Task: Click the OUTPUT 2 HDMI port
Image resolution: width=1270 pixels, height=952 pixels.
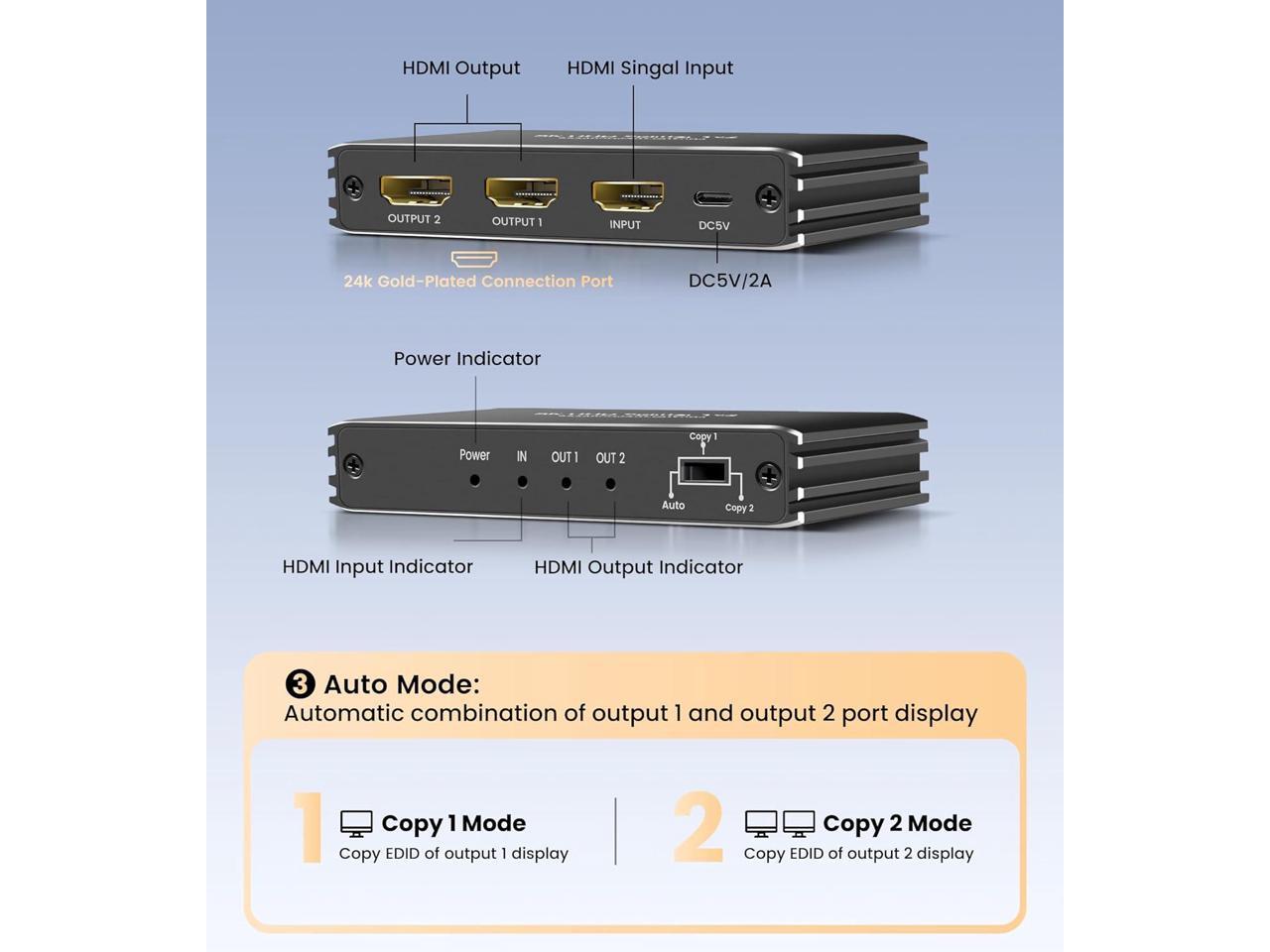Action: [x=416, y=189]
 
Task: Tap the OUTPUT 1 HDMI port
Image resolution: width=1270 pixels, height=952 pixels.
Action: [x=521, y=192]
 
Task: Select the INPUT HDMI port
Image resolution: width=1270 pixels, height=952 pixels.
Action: [x=627, y=195]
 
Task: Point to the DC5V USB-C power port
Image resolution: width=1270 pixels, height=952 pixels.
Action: [x=713, y=198]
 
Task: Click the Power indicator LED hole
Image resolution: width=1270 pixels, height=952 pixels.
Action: [x=475, y=480]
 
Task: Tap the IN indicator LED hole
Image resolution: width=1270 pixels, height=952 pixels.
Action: [x=522, y=482]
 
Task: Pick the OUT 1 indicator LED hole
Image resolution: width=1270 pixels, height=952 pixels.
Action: [x=566, y=483]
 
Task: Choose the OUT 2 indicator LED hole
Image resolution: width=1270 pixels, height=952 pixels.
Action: [x=610, y=484]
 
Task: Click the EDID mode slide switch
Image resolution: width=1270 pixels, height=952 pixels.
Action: [x=704, y=471]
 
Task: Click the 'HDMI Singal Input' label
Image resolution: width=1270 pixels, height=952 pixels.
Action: [x=650, y=67]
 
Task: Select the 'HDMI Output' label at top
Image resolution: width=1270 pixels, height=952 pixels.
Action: [x=460, y=67]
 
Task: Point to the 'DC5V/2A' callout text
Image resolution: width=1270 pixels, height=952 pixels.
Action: [x=729, y=281]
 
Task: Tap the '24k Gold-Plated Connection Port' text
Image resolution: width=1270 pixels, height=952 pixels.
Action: [x=478, y=282]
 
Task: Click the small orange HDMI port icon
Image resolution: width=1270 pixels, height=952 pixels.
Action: [x=474, y=259]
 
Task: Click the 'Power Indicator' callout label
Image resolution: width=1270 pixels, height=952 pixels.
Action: [x=466, y=359]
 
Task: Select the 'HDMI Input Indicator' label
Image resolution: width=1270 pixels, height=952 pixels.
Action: [x=377, y=566]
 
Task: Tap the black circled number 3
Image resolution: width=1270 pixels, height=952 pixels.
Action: [x=300, y=684]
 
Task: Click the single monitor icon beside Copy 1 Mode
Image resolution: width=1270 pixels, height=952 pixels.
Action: [x=356, y=823]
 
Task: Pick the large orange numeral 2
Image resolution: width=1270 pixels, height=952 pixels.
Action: [x=698, y=827]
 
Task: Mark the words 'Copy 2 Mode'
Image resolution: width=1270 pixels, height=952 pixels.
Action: [x=897, y=823]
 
